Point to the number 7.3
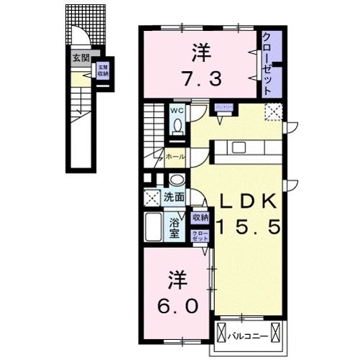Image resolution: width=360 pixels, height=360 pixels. tap(198, 78)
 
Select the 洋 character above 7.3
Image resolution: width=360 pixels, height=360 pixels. tap(200, 52)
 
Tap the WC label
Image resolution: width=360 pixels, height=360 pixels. tap(176, 111)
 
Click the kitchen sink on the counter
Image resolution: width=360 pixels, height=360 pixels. tap(237, 148)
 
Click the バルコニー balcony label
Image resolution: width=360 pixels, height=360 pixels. tap(249, 336)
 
